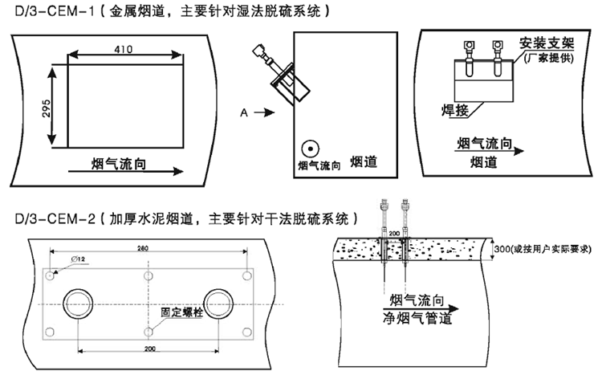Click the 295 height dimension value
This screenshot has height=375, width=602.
click(46, 108)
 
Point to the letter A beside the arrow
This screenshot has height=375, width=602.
click(242, 114)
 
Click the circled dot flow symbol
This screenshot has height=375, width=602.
click(310, 149)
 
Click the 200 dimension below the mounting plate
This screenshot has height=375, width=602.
click(150, 349)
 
